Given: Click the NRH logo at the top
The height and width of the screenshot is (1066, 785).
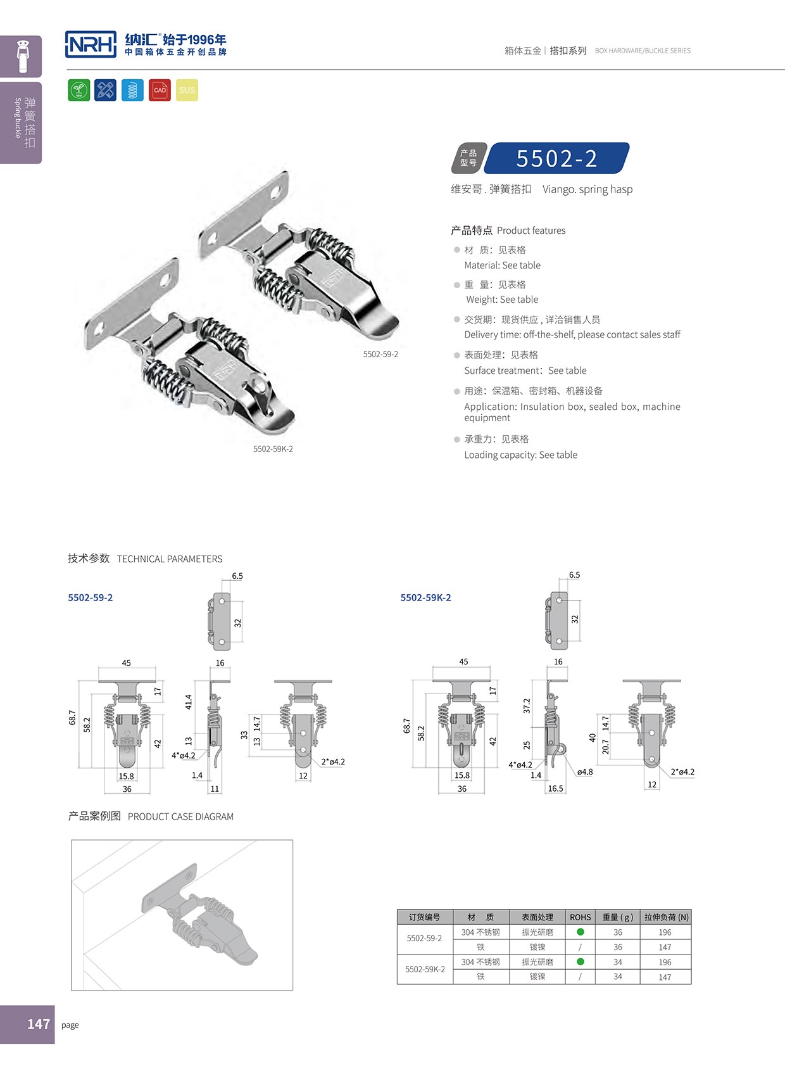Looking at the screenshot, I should [x=91, y=44].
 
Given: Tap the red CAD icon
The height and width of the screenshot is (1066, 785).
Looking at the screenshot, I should [x=160, y=90].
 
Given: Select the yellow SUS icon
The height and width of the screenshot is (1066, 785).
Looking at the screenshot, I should [x=187, y=90].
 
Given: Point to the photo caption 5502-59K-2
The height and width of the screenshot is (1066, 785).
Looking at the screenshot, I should [x=273, y=449].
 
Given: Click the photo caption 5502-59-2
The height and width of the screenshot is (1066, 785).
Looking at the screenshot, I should [x=380, y=355].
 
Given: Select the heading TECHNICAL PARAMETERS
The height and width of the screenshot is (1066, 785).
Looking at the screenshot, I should [x=170, y=559].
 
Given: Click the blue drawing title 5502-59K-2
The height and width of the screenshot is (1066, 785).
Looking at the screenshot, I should [x=425, y=598].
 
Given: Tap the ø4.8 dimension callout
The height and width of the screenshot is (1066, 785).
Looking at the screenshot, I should [x=585, y=772].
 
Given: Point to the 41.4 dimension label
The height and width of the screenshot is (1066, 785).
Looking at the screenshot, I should [x=188, y=702].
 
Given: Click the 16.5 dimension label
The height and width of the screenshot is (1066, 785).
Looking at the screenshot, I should [x=555, y=789].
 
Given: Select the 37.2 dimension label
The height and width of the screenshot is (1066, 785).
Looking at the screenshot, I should [x=527, y=706].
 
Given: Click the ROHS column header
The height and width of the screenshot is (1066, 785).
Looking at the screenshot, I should [x=580, y=917].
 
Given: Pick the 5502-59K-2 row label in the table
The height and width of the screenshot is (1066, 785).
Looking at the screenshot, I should [x=425, y=970].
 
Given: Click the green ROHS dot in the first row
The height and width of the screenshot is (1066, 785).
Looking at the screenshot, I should [x=581, y=932].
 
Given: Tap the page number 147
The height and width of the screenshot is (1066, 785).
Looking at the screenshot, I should [x=38, y=1024].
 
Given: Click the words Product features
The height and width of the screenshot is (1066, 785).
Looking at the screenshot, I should [x=531, y=231].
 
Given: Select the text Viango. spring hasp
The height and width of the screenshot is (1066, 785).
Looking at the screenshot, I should [x=587, y=189].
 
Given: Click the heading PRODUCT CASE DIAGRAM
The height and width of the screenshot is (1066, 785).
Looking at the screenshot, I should [x=180, y=817].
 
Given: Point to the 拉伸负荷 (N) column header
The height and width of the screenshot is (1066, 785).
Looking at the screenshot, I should [x=666, y=917].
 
